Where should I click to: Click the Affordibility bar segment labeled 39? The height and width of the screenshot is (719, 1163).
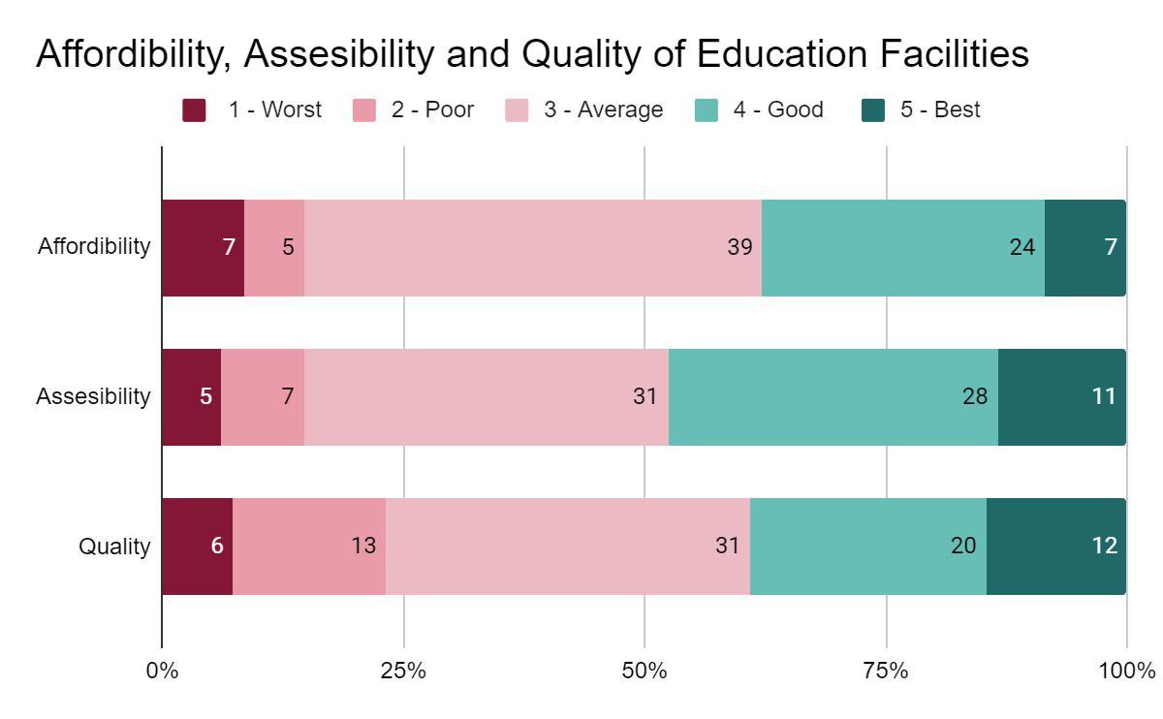(x=533, y=248)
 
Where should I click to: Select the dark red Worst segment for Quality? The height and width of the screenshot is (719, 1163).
(x=197, y=547)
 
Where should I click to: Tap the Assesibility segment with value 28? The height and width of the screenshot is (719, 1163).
(x=833, y=397)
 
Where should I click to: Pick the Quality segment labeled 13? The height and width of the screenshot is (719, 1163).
(x=309, y=547)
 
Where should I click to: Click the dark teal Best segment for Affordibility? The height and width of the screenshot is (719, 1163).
(x=1085, y=248)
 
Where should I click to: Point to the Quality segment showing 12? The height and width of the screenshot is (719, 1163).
(x=1056, y=547)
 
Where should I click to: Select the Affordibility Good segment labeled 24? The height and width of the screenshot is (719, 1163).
(x=903, y=248)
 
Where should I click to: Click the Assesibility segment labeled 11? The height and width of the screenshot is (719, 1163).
(x=1062, y=397)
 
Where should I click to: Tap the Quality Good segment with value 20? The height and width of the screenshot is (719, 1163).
(x=868, y=547)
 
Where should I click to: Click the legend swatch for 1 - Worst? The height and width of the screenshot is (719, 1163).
(x=194, y=110)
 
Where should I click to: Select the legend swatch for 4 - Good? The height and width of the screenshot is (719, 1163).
(x=707, y=110)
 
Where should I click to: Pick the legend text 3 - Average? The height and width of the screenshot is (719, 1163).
(x=603, y=110)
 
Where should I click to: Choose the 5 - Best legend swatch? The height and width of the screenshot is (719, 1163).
(x=873, y=110)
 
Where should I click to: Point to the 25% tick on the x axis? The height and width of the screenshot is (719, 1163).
(x=403, y=671)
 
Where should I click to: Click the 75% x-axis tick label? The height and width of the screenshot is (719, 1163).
(x=886, y=671)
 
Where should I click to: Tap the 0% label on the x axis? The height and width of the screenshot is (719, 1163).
(x=162, y=671)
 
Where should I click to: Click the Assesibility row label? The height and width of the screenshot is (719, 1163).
(x=93, y=397)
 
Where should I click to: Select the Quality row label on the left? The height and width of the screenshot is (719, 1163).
(x=114, y=547)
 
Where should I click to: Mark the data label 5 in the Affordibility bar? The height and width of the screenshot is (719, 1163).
(x=288, y=248)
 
